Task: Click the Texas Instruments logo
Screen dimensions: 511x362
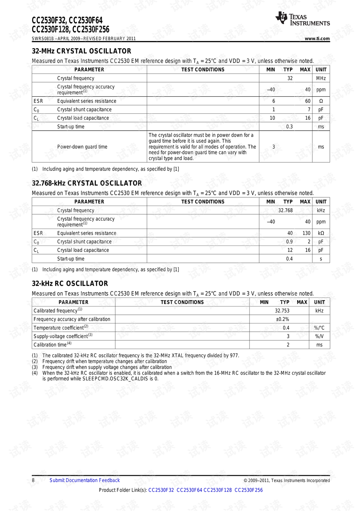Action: tap(302, 18)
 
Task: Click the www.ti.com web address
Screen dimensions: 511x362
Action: tap(317, 38)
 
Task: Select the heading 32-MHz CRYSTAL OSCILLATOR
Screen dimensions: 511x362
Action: tap(81, 51)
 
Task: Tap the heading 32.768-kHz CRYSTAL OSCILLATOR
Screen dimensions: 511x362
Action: tap(87, 183)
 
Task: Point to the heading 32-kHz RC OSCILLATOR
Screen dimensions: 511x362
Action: tap(70, 284)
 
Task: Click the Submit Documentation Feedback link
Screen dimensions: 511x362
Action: tap(84, 480)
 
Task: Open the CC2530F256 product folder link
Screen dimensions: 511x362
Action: tap(248, 490)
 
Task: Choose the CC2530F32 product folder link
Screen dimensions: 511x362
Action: tap(161, 490)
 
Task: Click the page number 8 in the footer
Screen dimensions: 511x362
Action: tap(33, 480)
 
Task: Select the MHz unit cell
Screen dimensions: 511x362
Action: tap(321, 78)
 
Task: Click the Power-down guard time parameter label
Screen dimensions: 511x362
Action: tap(82, 147)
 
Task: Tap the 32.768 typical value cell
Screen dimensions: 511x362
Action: tap(285, 211)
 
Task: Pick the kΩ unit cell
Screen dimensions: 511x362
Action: tap(321, 233)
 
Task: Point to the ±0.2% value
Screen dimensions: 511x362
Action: tap(282, 319)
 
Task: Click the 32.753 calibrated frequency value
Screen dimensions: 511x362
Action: tap(282, 311)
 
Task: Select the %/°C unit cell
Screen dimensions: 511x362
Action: tap(319, 328)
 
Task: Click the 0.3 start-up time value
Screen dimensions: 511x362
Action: tap(289, 127)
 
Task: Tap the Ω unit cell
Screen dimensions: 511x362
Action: tap(321, 101)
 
